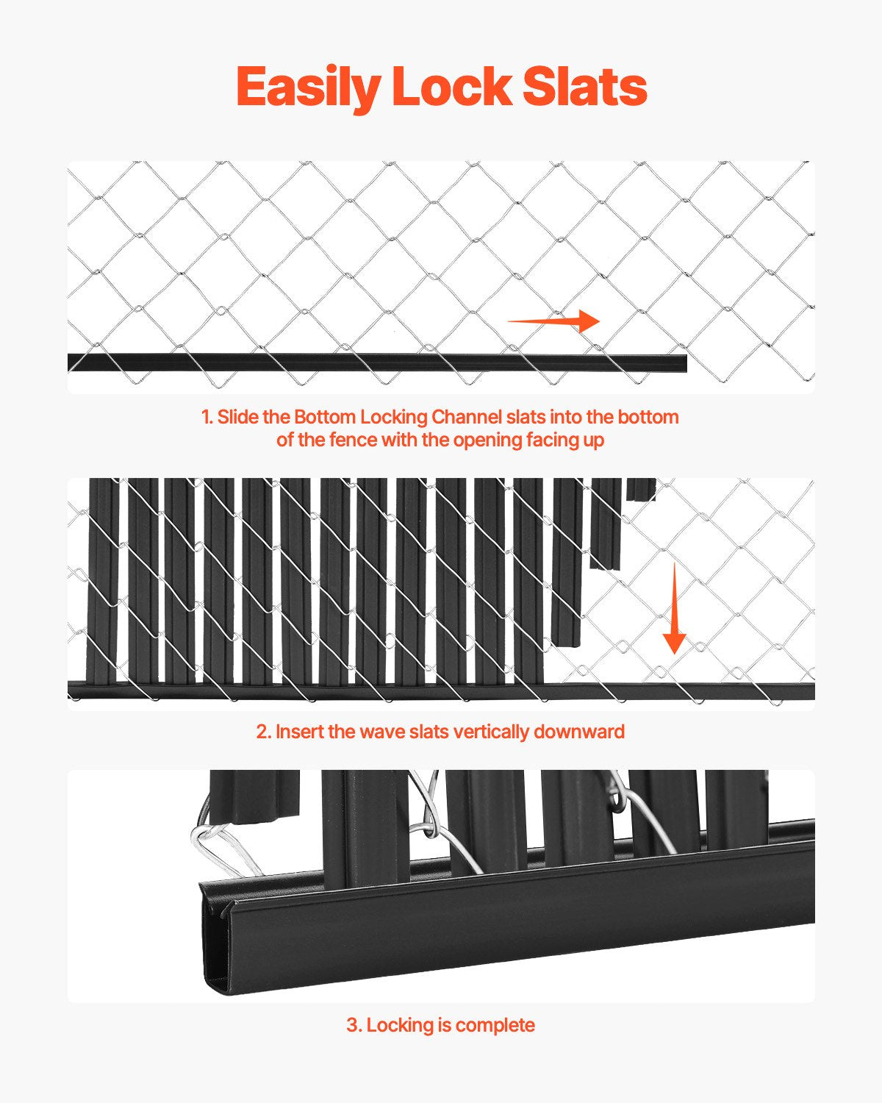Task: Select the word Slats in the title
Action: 584,88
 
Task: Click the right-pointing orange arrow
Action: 554,321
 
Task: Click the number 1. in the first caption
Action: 207,417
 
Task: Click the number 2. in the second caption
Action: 264,732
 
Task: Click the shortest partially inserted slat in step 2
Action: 641,489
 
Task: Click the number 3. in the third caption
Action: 354,1025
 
